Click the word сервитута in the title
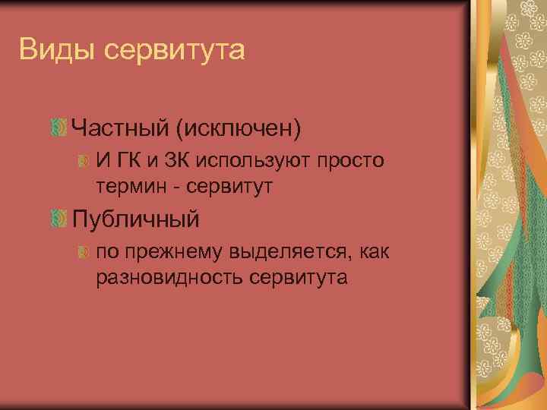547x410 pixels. coord(174,51)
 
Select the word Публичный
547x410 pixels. coord(136,219)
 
